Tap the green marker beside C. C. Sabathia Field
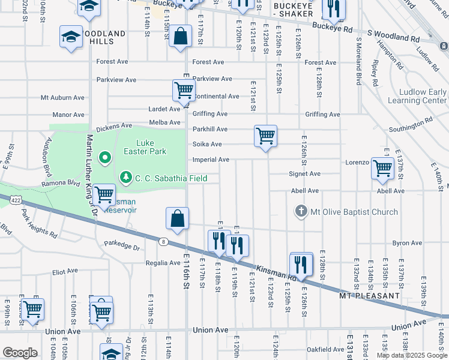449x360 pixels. click(125, 178)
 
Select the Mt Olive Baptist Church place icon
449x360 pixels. click(301, 211)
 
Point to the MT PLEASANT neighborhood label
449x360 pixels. click(369, 296)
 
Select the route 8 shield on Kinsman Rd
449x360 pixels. click(163, 241)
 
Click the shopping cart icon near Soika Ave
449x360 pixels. click(265, 136)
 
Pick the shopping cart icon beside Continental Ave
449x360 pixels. click(183, 91)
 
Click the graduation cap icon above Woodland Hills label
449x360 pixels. click(71, 37)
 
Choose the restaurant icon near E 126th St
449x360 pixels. click(301, 263)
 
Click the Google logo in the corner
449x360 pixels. click(20, 353)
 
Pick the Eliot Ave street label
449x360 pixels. click(65, 271)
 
